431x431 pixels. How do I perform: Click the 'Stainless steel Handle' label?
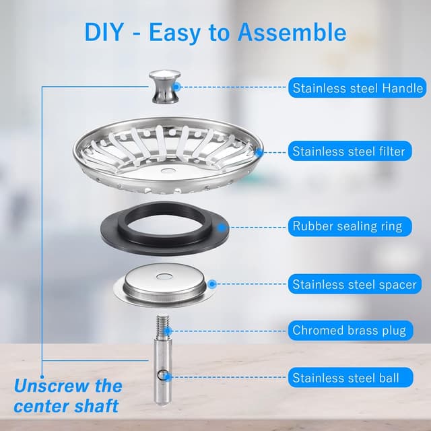(x=358, y=88)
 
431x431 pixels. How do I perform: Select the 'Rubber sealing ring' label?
(x=347, y=226)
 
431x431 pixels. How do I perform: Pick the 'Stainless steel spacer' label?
(x=354, y=285)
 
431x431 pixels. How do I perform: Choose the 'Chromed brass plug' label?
(x=349, y=331)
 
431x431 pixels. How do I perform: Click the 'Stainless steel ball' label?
(x=345, y=378)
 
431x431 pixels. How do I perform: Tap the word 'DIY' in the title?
(x=106, y=32)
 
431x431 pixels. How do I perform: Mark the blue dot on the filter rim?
(x=260, y=152)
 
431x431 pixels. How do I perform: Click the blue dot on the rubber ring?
(x=222, y=227)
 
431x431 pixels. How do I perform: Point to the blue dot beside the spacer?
(x=213, y=285)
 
